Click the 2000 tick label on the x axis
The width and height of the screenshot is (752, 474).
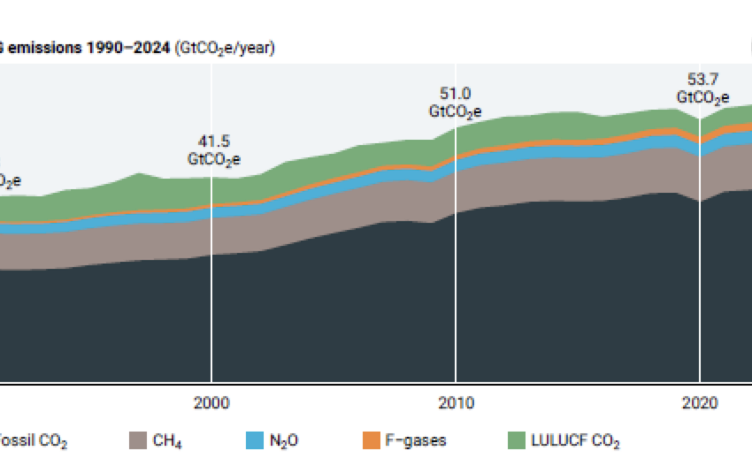click(x=211, y=403)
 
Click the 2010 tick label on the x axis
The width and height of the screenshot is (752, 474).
click(x=456, y=403)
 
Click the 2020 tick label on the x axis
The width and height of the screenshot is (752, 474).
click(x=700, y=403)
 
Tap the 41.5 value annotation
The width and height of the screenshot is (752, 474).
click(x=213, y=141)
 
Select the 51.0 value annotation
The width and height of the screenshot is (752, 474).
click(x=456, y=93)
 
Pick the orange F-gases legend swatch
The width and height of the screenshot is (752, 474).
click(x=372, y=440)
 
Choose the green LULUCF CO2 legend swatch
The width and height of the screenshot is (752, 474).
click(x=515, y=440)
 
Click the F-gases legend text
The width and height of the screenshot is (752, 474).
click(x=417, y=440)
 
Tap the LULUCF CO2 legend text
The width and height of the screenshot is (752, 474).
click(x=576, y=440)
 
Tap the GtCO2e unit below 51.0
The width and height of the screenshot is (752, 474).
click(x=456, y=112)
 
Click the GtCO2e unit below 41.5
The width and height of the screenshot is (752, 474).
click(x=213, y=161)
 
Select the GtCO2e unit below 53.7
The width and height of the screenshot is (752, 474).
click(x=703, y=98)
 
